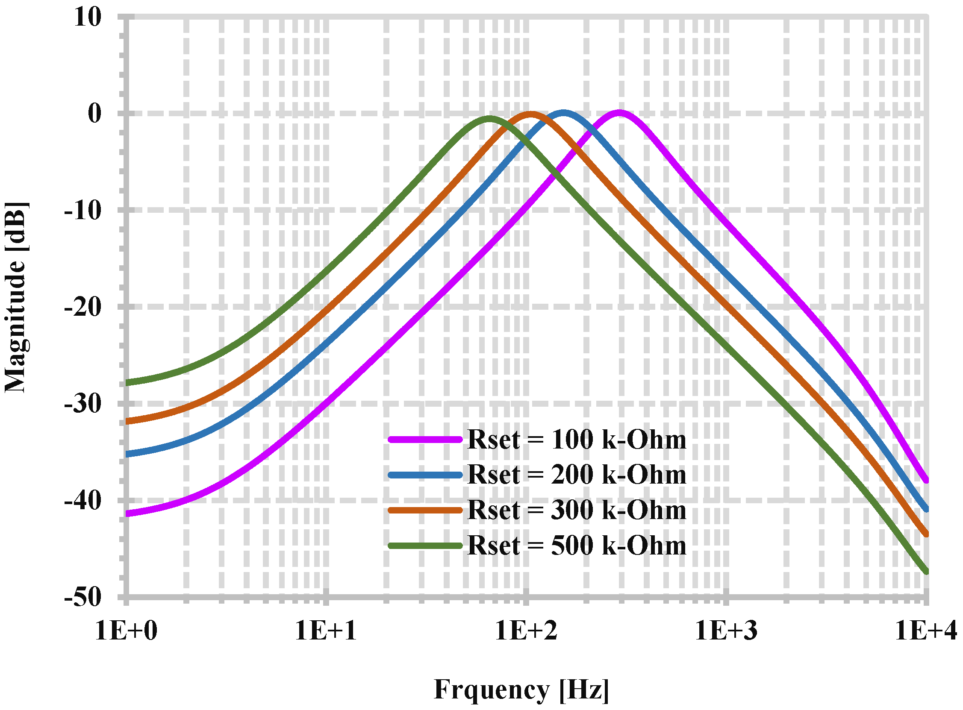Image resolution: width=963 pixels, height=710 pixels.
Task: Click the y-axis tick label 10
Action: click(x=88, y=18)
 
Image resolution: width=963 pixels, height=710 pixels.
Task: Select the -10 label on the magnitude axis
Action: click(x=82, y=211)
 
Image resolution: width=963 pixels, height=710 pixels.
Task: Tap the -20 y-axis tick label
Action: click(x=82, y=308)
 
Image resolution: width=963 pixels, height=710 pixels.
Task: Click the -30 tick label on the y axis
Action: click(x=82, y=405)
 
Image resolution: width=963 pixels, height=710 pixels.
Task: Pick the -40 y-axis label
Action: click(x=82, y=501)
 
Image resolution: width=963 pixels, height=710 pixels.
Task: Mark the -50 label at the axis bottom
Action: click(x=82, y=598)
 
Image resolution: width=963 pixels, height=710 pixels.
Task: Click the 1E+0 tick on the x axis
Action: click(x=126, y=631)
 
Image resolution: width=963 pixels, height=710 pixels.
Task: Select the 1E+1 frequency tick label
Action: click(x=326, y=631)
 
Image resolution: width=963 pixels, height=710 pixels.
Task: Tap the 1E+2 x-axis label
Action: click(x=526, y=631)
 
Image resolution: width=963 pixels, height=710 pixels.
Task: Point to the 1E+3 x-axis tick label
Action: click(x=726, y=631)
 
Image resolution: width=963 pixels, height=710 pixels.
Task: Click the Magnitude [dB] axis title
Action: click(x=16, y=296)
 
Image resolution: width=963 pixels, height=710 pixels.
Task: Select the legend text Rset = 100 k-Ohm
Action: click(x=577, y=440)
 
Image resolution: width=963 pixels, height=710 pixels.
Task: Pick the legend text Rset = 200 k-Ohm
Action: click(x=577, y=475)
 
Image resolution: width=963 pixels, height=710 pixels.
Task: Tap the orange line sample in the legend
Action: click(x=425, y=510)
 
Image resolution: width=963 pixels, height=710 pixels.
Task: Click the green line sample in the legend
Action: click(x=425, y=546)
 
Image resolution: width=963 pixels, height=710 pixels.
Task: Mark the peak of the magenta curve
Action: click(x=619, y=113)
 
